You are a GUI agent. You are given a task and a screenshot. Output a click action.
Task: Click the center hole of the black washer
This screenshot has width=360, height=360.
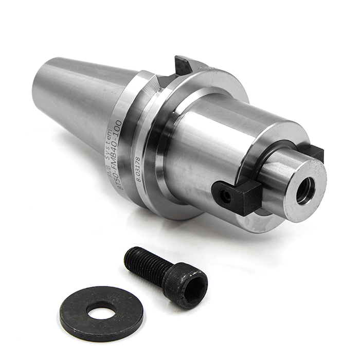[101, 310]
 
